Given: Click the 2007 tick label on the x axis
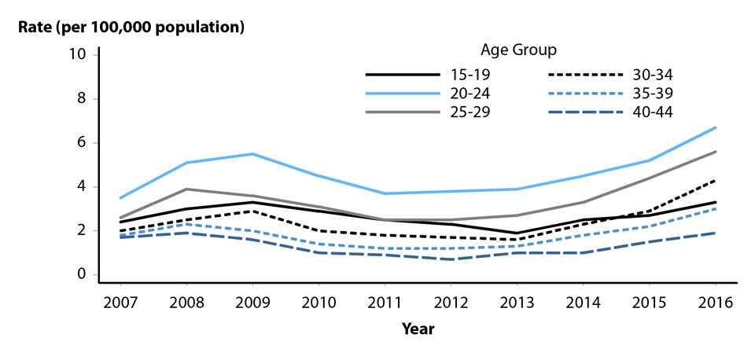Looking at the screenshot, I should tap(118, 303).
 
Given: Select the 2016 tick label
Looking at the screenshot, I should tap(715, 303).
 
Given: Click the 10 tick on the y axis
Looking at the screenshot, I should tap(77, 54).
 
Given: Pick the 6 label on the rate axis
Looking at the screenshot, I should tap(81, 143).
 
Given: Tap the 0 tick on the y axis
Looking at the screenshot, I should tap(81, 275).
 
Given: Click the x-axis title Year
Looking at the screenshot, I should tap(418, 329).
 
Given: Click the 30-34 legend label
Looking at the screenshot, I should tap(651, 75).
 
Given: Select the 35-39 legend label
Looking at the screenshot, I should tap(651, 93).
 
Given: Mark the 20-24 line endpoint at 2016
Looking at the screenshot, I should tap(715, 127).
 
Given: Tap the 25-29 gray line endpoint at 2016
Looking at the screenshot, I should tap(715, 152).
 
